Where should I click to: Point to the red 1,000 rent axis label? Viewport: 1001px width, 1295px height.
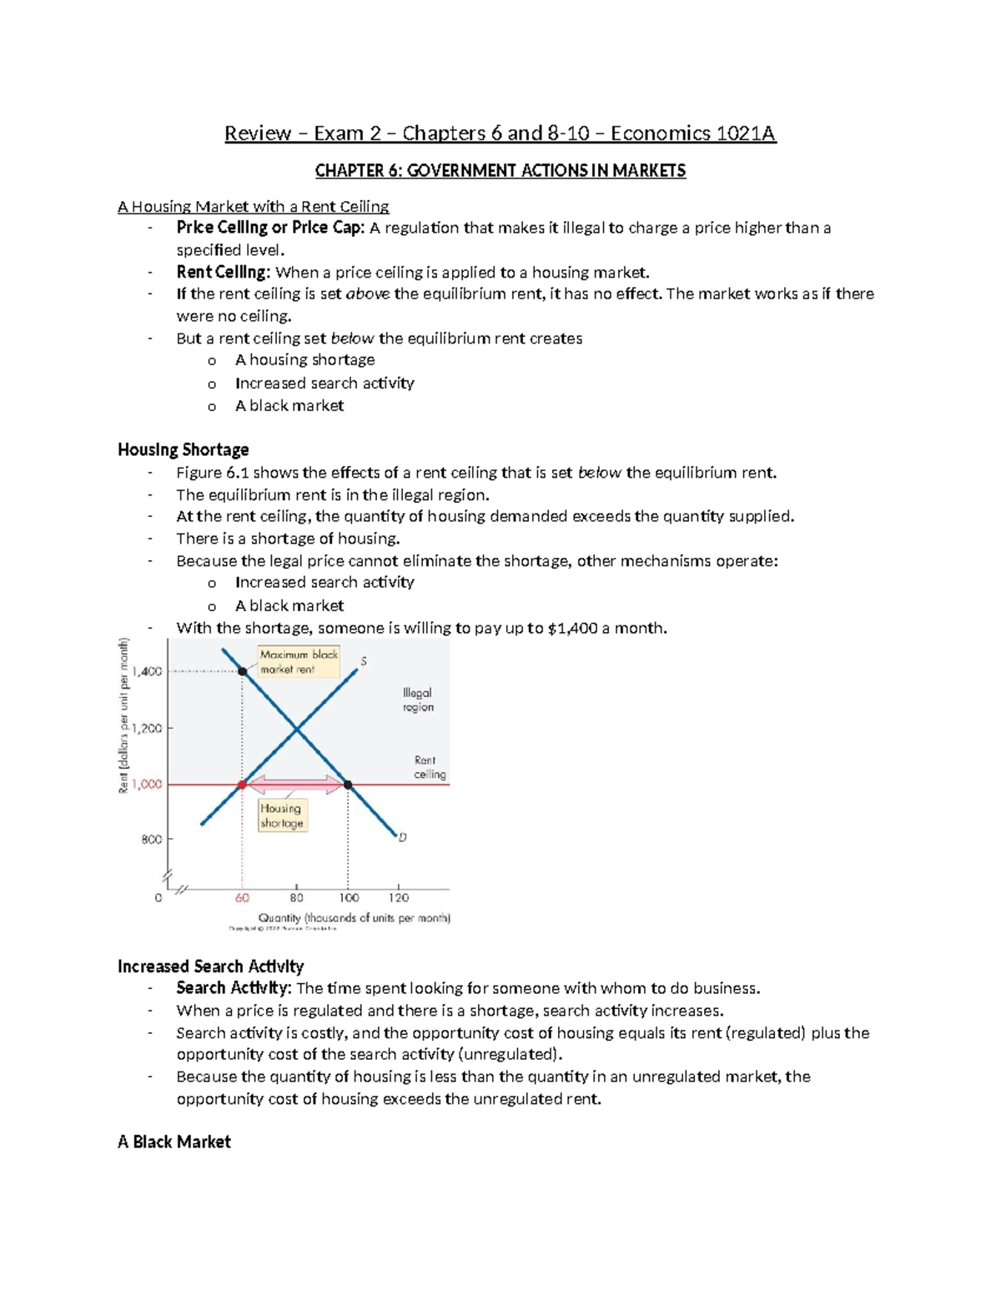pos(147,785)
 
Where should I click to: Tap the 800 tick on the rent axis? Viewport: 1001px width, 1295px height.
pos(152,840)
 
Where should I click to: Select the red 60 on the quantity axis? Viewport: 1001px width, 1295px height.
pos(242,898)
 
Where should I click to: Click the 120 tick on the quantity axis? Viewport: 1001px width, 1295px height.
pos(399,898)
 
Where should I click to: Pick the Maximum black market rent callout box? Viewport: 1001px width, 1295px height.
pos(299,662)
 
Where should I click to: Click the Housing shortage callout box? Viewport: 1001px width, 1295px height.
pos(282,816)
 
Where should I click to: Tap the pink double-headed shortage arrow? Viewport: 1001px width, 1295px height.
pos(295,785)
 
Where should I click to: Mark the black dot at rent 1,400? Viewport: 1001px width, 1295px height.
pos(243,671)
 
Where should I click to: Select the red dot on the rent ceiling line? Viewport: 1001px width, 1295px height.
pos(243,785)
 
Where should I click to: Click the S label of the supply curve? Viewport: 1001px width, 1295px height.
pos(364,661)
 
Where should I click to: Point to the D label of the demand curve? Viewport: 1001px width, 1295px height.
pos(402,837)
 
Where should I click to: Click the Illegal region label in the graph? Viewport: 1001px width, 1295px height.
pos(418,700)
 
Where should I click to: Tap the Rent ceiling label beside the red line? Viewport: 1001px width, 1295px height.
pos(429,767)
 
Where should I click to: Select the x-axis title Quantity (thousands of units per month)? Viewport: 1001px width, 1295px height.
pos(354,918)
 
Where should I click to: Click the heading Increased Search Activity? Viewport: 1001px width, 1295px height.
pos(210,966)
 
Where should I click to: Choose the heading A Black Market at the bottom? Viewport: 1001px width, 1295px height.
pos(174,1142)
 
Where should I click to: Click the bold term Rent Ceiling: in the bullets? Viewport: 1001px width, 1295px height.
pos(223,272)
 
